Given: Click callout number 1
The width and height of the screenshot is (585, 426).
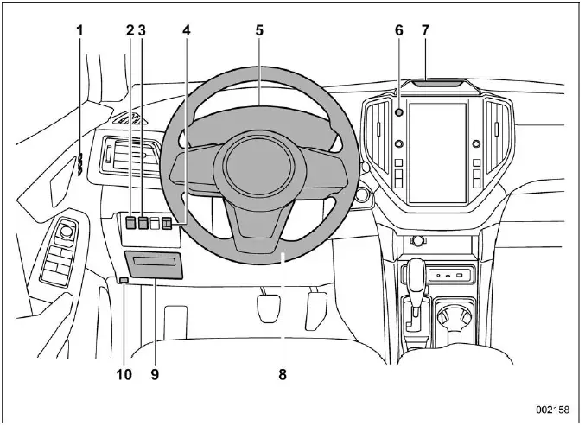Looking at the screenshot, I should [79, 30].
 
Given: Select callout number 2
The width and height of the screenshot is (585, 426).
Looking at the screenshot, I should [130, 30].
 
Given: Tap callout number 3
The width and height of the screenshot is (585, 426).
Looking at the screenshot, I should [143, 30].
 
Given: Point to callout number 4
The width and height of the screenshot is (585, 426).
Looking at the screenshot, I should [186, 30].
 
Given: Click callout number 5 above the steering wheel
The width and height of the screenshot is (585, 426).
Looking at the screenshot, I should [258, 30].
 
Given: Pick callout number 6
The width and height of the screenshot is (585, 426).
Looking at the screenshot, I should [398, 30].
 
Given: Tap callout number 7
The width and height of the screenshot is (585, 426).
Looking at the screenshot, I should [425, 30].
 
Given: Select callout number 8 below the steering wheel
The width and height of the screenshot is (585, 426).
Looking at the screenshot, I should [282, 375].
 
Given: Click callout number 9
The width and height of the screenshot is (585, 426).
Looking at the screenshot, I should [156, 375].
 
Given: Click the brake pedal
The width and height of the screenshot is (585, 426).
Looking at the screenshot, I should [271, 306].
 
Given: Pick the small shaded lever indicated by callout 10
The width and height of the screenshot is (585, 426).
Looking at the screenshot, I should [124, 280].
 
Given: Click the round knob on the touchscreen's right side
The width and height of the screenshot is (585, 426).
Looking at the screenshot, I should [476, 144].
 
